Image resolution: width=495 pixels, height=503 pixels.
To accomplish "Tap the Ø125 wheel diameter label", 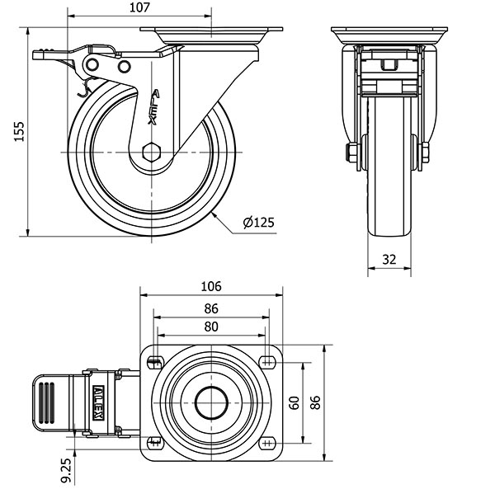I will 258,223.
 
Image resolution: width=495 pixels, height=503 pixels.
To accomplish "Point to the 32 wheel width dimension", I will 389,259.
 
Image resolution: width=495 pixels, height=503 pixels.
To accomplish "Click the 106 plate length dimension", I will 211,287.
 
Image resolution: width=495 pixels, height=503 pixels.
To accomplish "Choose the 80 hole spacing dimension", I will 211,327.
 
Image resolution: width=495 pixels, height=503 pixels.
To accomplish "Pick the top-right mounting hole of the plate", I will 267,361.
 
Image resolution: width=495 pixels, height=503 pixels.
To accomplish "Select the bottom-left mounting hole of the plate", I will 154,443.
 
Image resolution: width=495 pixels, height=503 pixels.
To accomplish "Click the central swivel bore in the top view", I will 211,402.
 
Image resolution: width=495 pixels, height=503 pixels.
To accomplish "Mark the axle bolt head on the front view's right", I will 425,153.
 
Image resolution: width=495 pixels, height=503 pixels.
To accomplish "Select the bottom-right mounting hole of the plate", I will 267,443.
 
